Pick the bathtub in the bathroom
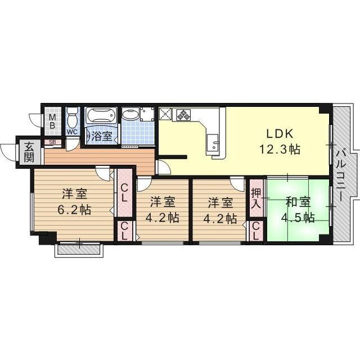(101, 116)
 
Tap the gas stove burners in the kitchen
(183, 114)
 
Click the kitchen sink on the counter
(213, 144)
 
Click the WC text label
(72, 132)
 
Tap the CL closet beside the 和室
(256, 230)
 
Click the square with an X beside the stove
(165, 114)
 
